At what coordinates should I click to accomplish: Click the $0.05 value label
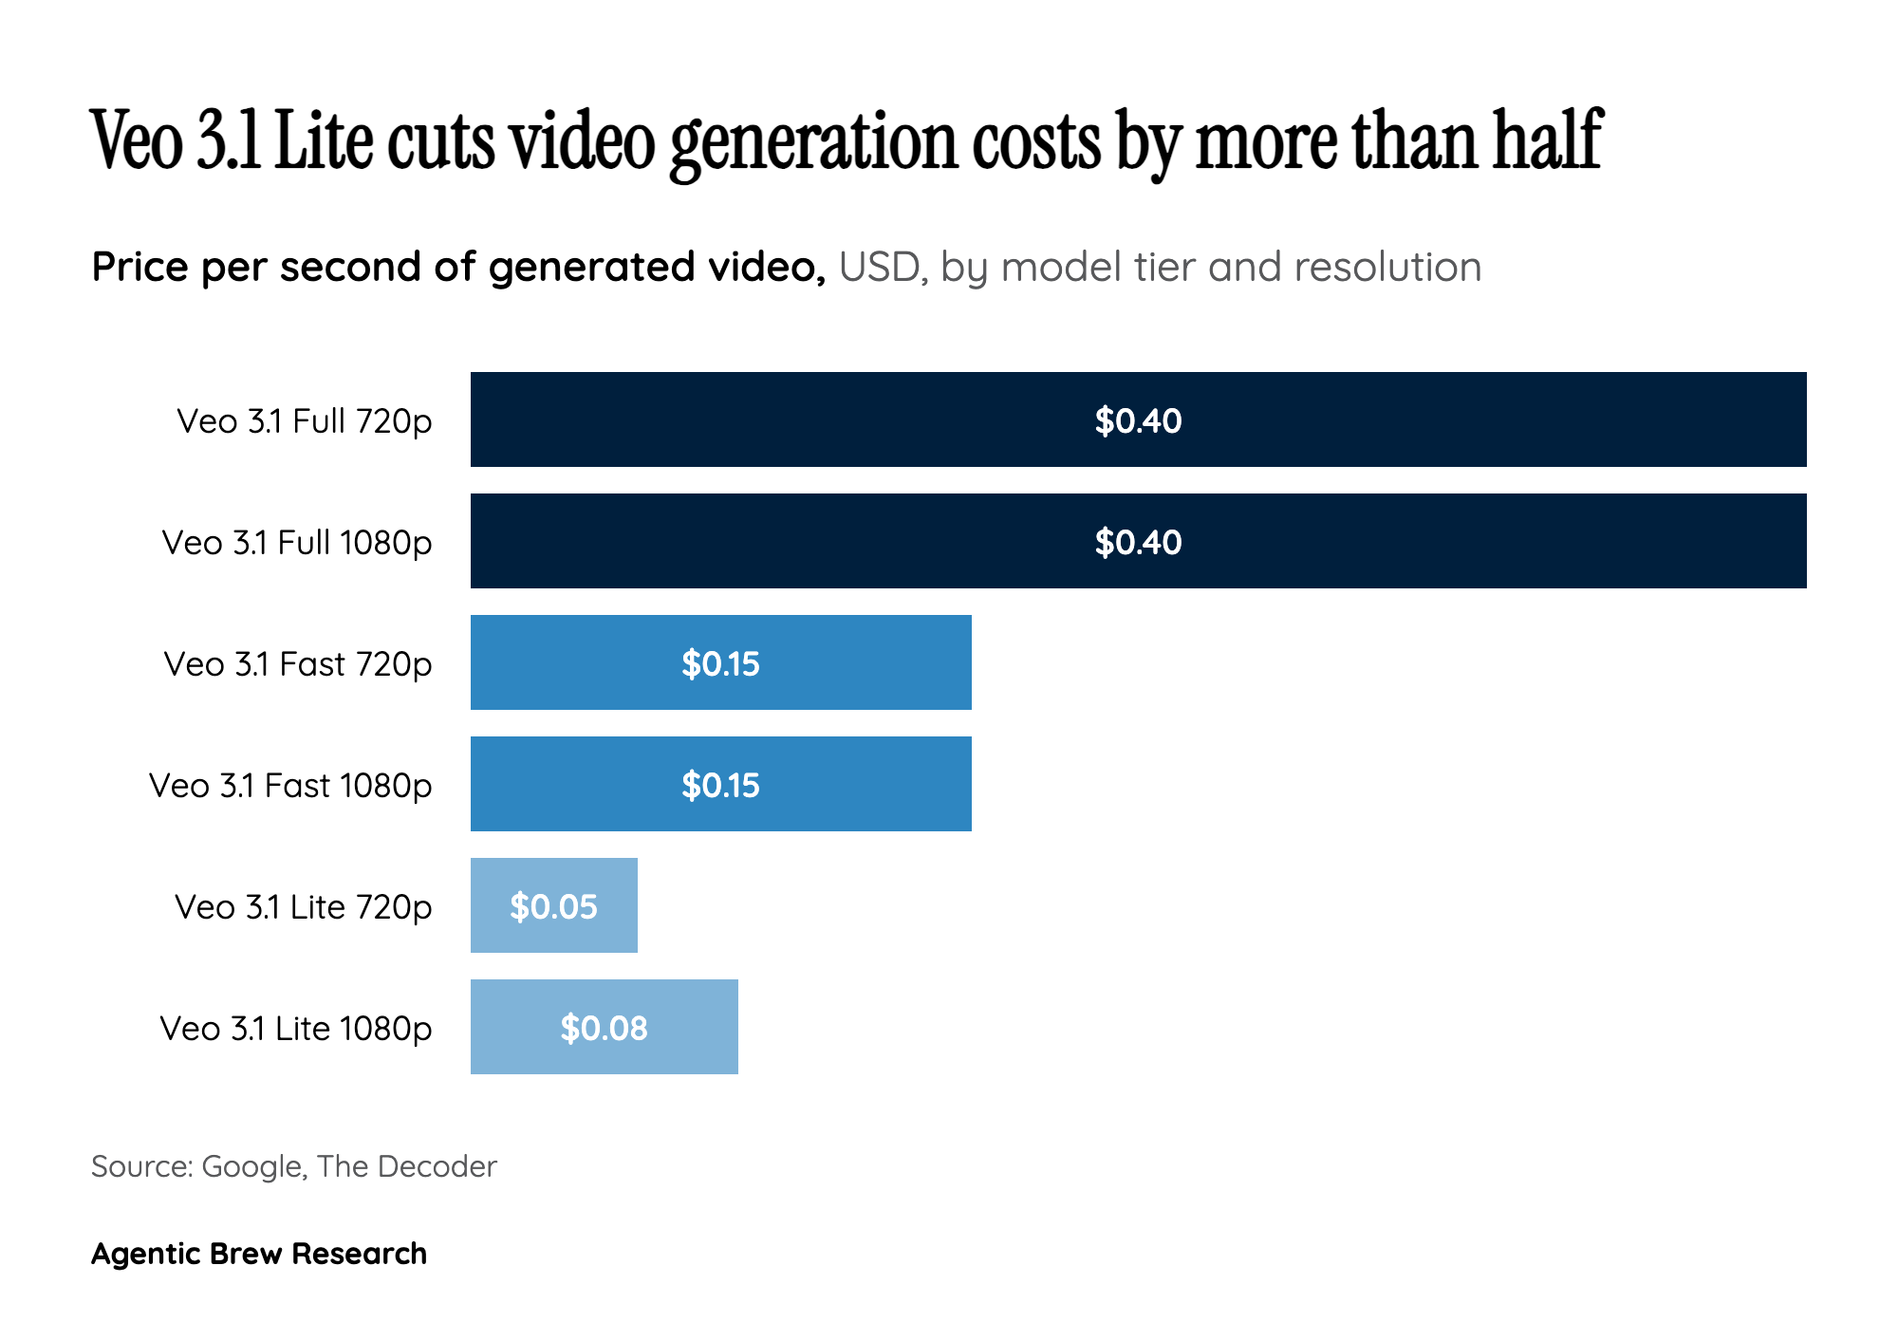click(553, 907)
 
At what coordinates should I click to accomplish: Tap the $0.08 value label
click(604, 1029)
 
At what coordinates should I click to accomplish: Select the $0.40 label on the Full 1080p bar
click(1138, 542)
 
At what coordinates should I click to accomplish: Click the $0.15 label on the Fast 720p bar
click(720, 663)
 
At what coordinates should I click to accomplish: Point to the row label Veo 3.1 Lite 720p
click(303, 907)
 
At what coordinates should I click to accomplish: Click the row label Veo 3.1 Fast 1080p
click(290, 786)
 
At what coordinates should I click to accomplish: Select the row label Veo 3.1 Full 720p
click(304, 420)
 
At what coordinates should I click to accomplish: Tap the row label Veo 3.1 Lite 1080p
click(295, 1029)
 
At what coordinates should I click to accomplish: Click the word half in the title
click(1547, 140)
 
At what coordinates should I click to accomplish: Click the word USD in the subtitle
click(879, 268)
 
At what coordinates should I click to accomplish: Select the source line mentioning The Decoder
click(293, 1166)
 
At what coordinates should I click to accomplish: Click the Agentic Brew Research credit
click(258, 1254)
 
